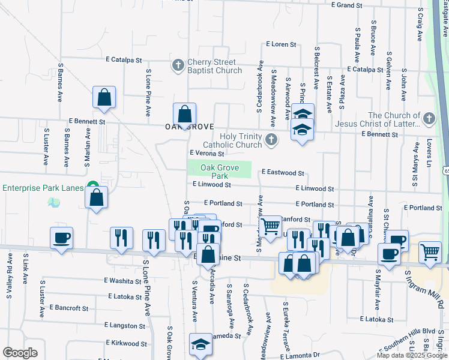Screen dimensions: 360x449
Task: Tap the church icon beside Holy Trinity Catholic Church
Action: [x=271, y=140]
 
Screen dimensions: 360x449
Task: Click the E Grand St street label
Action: [x=348, y=5]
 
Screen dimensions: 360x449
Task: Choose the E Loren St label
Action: [x=282, y=44]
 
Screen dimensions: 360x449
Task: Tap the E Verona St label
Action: [x=207, y=154]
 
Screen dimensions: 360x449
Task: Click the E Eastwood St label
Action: [x=283, y=173]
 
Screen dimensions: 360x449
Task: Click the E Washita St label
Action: [x=122, y=280]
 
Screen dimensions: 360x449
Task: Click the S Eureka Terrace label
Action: [x=287, y=331]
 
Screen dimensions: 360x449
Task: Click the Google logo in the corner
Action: [x=20, y=352]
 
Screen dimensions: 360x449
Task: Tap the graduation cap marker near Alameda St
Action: [x=200, y=344]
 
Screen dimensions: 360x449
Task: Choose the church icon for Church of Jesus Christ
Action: [x=429, y=118]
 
